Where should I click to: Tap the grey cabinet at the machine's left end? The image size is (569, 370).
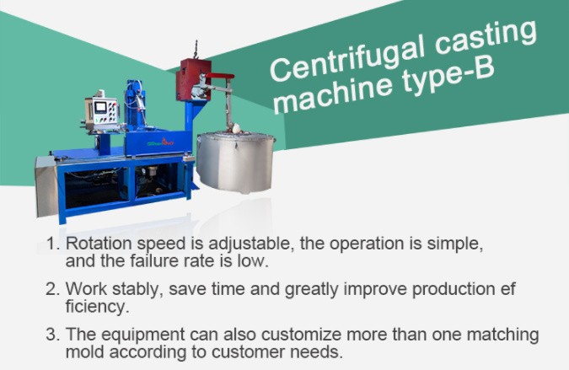pyautogui.click(x=46, y=185)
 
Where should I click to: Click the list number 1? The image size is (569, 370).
pyautogui.click(x=52, y=244)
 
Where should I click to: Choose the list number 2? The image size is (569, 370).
pyautogui.click(x=52, y=290)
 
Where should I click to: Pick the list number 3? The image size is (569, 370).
pyautogui.click(x=52, y=335)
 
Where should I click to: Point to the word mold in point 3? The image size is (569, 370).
pyautogui.click(x=83, y=350)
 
